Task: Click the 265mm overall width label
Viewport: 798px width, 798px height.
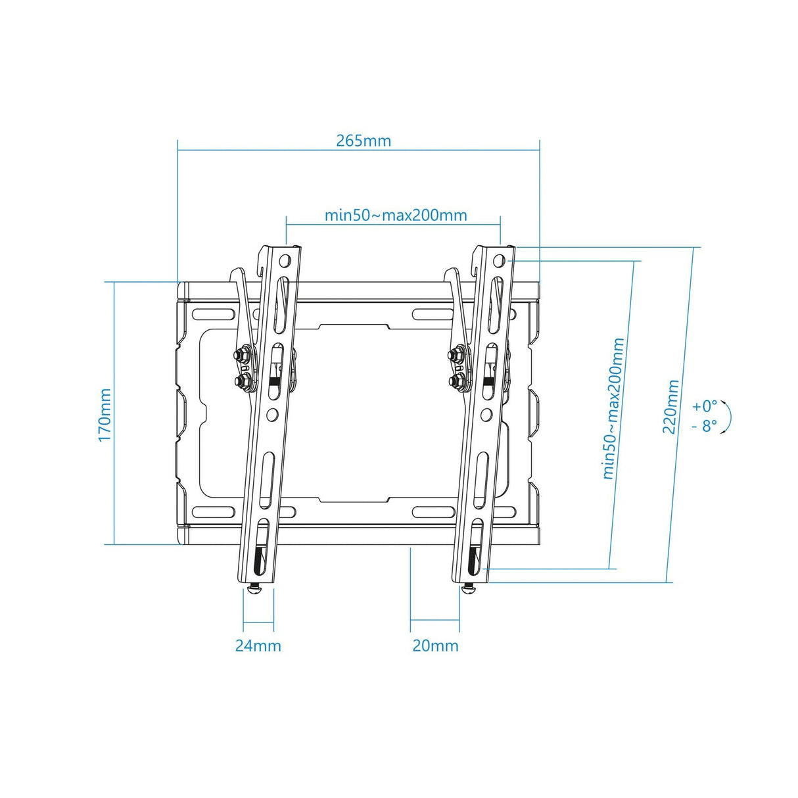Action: pos(364,141)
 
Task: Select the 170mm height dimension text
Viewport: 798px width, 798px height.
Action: pos(105,415)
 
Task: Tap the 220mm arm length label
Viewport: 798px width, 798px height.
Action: pos(670,406)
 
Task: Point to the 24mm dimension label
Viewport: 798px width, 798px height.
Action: pos(258,645)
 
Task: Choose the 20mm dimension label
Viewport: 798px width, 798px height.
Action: pos(435,645)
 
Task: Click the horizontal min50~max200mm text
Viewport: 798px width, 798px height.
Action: pos(396,215)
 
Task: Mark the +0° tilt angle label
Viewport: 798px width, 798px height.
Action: pos(705,406)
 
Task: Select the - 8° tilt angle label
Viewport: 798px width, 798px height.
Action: pos(704,426)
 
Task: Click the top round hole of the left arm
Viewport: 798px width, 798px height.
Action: pos(285,260)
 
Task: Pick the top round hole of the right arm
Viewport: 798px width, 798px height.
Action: pos(499,259)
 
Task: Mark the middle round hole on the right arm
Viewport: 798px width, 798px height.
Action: pos(486,414)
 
